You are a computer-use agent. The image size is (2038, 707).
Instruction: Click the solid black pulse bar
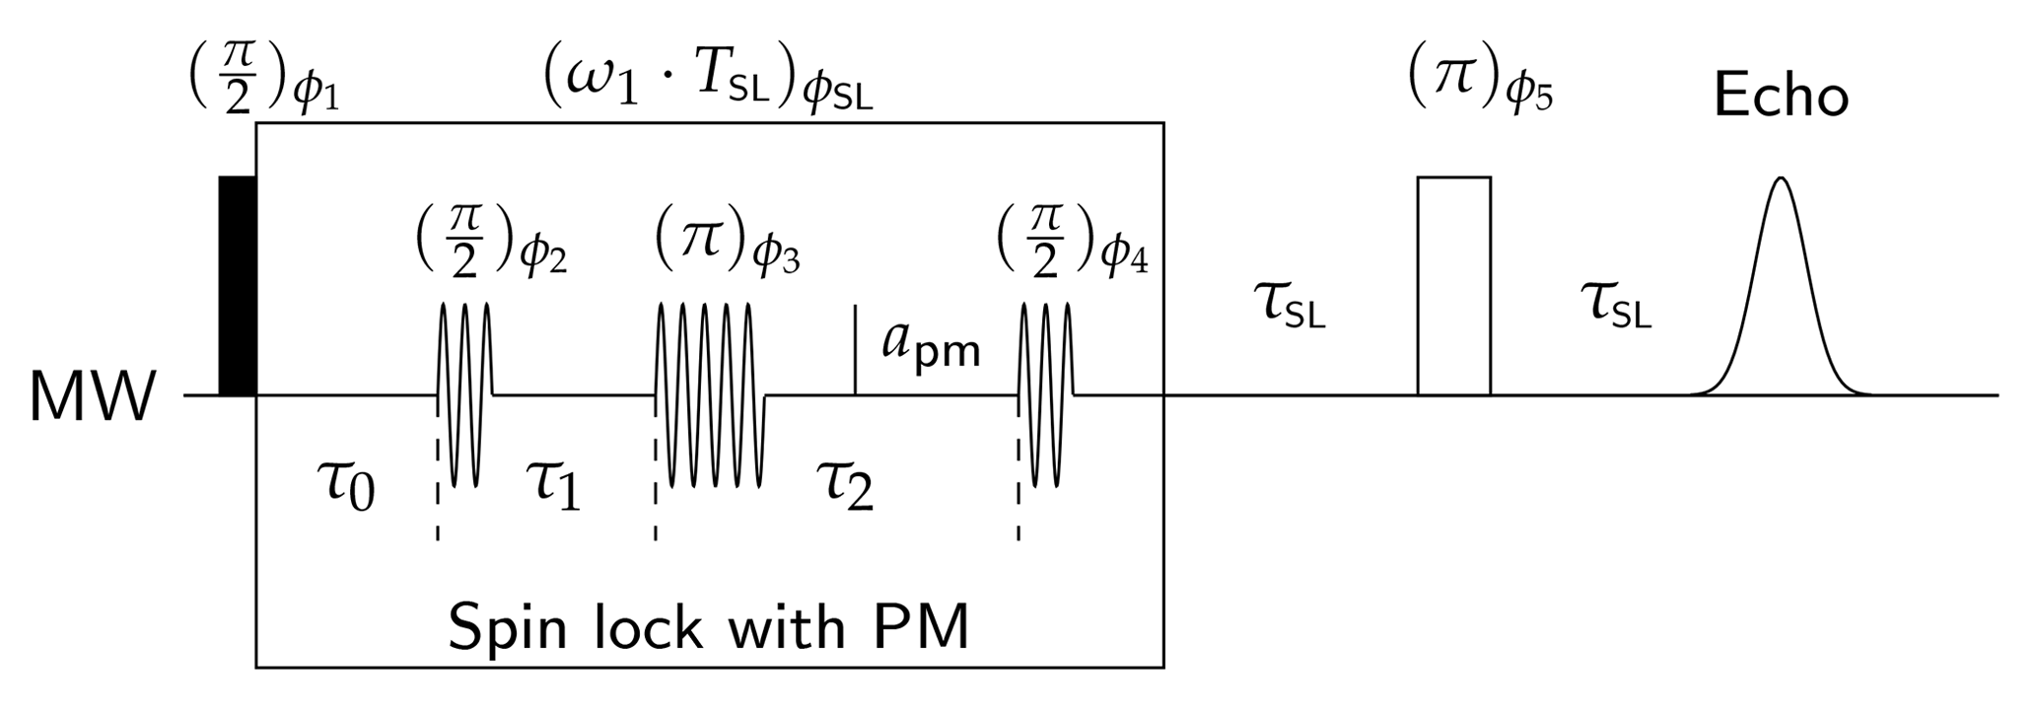coord(237,286)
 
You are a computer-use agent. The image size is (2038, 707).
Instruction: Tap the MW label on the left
coord(92,399)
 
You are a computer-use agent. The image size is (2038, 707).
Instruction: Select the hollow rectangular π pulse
coord(1453,286)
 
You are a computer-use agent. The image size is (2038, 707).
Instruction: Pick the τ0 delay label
coord(349,485)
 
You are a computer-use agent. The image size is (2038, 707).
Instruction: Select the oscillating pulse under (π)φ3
coord(710,394)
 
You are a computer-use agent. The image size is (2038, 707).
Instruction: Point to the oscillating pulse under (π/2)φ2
coord(464,394)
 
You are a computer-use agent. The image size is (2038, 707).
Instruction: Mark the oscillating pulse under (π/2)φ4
coord(1045,394)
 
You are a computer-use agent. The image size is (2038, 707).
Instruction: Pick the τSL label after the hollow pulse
coord(1615,303)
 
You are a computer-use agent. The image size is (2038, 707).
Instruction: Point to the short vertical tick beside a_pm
coord(855,350)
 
